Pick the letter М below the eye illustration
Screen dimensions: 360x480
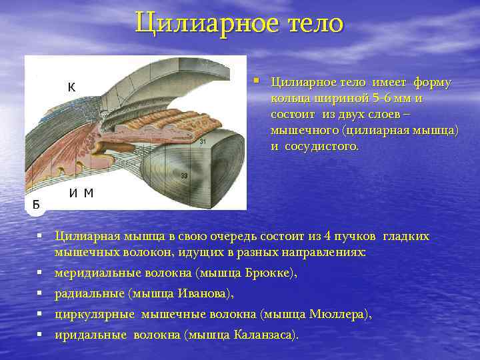pos(89,193)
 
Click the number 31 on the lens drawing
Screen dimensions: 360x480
pos(202,141)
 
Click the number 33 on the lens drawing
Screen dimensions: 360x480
pos(183,175)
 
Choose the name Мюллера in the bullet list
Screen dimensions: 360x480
pos(338,314)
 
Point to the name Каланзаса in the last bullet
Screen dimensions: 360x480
pos(263,335)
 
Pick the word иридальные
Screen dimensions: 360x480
pos(91,335)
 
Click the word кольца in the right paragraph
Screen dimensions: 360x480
pos(288,99)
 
